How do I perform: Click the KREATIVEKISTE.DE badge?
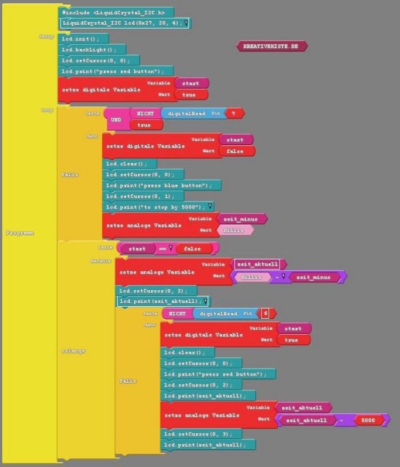tap(271, 46)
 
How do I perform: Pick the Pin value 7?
tap(234, 114)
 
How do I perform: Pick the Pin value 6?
tap(266, 314)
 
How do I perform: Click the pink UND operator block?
tap(115, 120)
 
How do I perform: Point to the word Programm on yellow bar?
tap(19, 233)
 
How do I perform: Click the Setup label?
tap(46, 36)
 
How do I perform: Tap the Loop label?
tap(47, 109)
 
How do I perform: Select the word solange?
tap(73, 351)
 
